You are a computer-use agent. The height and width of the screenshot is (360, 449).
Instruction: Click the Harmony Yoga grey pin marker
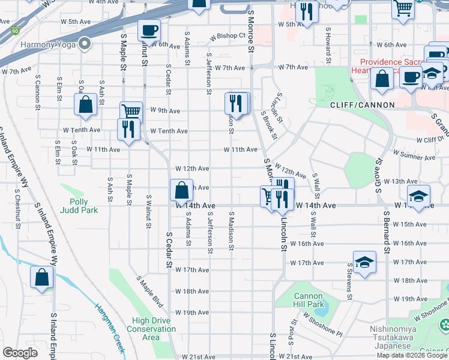point(85,44)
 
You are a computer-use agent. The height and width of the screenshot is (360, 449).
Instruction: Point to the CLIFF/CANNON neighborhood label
point(362,105)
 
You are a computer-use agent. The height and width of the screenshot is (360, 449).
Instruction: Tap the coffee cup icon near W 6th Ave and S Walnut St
point(149,30)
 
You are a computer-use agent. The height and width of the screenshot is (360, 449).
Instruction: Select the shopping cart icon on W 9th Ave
point(131,112)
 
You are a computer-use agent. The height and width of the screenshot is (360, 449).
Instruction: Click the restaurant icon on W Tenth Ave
point(128,130)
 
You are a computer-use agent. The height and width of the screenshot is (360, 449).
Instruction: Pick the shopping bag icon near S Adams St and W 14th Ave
point(181,191)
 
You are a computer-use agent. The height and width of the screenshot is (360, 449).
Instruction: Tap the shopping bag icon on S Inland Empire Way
point(42,277)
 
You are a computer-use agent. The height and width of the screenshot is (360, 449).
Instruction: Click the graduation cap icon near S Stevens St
point(364,263)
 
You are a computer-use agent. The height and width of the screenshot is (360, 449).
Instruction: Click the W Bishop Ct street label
point(228,37)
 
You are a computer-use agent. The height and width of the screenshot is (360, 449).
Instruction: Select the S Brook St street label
point(270,125)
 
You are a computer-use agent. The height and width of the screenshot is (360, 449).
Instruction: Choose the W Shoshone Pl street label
point(322,322)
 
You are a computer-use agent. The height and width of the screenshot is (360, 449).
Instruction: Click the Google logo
point(20,353)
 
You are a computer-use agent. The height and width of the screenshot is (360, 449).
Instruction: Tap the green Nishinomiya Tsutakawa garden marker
point(444,326)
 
